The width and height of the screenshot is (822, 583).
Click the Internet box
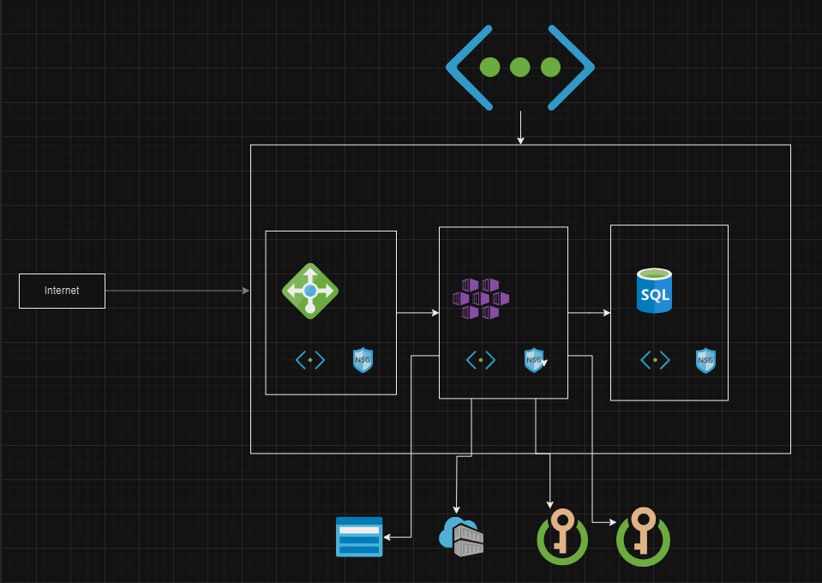[x=62, y=291]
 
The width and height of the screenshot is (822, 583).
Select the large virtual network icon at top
[x=519, y=67]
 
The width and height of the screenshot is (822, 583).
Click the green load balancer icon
[x=310, y=291]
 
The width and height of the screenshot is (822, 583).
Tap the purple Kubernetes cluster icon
[x=481, y=298]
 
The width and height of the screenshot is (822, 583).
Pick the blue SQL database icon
[x=654, y=291]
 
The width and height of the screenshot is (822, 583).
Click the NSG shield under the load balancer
[x=363, y=360]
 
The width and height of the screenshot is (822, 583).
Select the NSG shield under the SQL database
[x=705, y=360]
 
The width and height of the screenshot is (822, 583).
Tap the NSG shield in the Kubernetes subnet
[x=534, y=360]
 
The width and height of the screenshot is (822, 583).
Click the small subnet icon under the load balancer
[x=310, y=360]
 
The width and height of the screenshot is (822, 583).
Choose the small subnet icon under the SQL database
[x=655, y=360]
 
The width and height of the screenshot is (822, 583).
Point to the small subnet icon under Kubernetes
[x=481, y=360]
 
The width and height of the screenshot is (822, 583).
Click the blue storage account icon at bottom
[x=359, y=537]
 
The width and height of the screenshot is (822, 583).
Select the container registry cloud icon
[x=460, y=537]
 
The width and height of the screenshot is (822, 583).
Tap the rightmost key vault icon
[x=643, y=537]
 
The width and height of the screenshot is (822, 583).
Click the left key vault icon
[x=562, y=537]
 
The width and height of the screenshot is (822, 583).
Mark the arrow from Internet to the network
[x=177, y=291]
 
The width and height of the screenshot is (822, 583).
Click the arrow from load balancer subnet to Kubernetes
[x=417, y=313]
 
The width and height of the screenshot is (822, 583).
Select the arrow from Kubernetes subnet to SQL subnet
[x=589, y=313]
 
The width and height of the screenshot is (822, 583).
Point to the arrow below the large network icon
[x=520, y=128]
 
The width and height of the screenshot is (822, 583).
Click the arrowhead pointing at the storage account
[x=388, y=537]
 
